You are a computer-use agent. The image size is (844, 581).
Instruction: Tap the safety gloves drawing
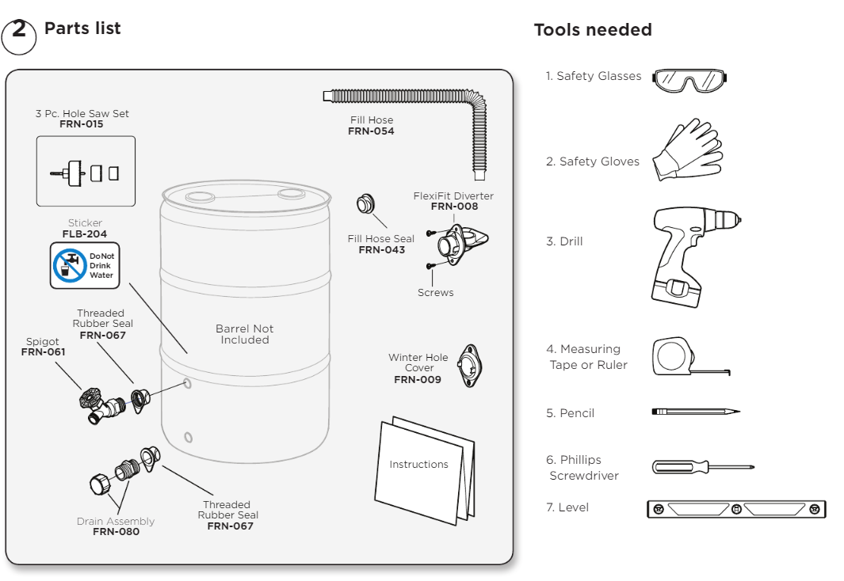pos(686,150)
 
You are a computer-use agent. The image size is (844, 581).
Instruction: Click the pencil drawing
pos(695,412)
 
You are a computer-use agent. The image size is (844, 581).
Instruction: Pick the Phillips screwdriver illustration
pos(701,467)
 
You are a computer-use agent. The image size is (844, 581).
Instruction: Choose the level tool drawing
pos(736,509)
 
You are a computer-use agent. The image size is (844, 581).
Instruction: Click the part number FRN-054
pos(371,131)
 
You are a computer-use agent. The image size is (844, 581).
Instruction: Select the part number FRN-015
pos(82,124)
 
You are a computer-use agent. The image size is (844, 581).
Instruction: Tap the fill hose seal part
pos(365,204)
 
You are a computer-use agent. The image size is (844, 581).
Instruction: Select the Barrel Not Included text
pos(244,334)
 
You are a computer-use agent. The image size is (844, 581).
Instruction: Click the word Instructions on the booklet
pos(418,465)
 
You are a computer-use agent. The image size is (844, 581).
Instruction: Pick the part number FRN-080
pos(116,532)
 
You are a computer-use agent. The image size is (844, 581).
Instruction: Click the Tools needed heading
pos(593,30)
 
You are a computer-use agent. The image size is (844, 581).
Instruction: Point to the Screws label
pos(435,293)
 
